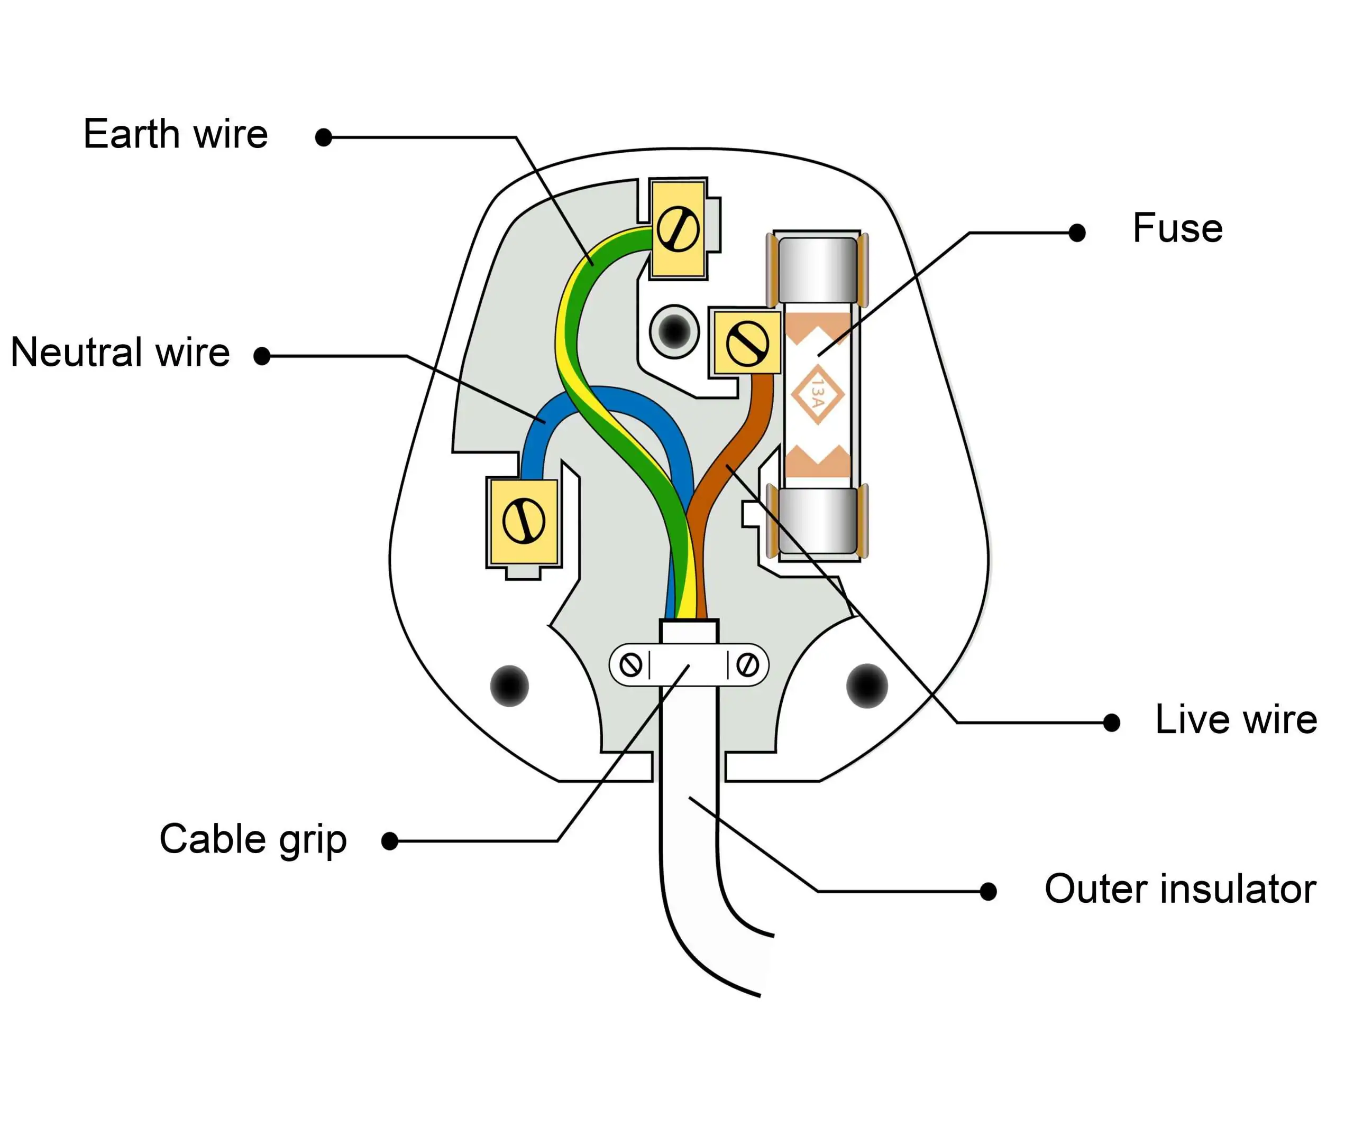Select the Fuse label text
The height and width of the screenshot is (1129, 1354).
coord(1177,228)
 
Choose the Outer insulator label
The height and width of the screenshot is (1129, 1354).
coord(1180,889)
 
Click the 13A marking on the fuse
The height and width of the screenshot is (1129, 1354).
coord(818,394)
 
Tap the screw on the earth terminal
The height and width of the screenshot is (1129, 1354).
coord(678,229)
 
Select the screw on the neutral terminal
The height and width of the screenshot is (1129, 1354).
coord(524,521)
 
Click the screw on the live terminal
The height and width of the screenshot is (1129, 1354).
coord(747,345)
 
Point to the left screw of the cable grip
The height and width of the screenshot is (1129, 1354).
coord(630,665)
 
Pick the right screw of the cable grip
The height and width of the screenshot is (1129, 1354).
coord(747,665)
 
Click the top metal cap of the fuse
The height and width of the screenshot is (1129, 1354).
coord(818,270)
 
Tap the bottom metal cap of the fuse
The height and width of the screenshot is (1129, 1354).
coord(818,521)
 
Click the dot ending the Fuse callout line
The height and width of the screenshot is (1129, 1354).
coord(1077,233)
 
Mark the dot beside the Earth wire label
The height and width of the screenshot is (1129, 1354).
coord(324,137)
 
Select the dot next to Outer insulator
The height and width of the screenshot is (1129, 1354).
coord(988,892)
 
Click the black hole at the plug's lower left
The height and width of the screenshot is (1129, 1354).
coord(509,686)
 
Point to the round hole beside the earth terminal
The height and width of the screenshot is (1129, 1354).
coord(674,331)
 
